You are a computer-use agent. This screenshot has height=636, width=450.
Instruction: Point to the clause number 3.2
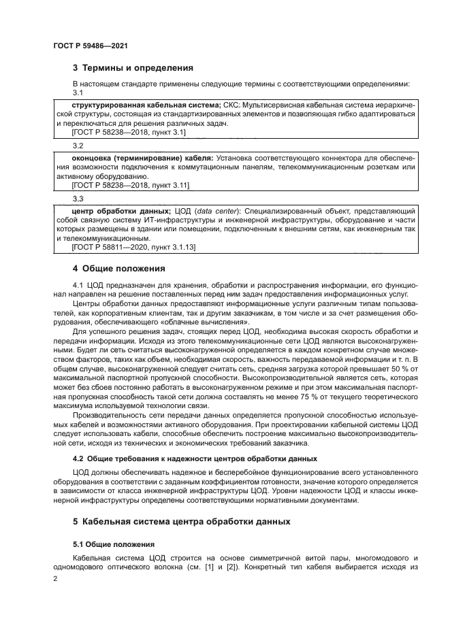[78, 146]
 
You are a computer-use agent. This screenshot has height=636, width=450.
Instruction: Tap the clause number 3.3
[78, 198]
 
